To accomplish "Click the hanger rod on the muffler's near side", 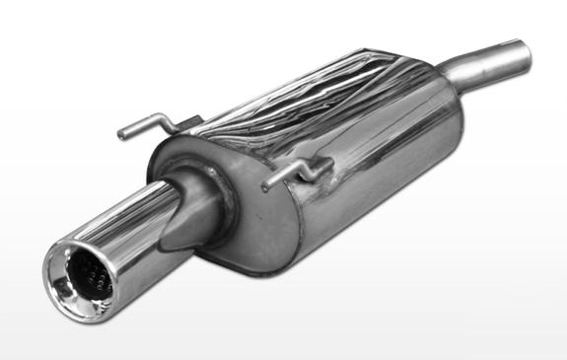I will coord(296,170).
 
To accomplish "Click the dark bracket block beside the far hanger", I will coord(192,122).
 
